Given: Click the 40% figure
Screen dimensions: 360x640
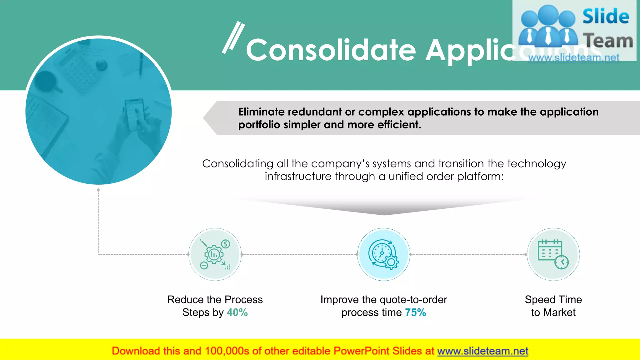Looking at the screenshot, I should click(237, 312).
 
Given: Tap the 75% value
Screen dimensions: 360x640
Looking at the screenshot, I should click(415, 312).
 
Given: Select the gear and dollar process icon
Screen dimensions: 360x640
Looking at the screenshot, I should click(215, 254).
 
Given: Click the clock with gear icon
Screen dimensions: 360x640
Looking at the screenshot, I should click(384, 254).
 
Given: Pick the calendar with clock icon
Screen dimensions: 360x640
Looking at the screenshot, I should click(553, 254).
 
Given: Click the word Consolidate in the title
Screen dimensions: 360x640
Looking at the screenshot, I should click(331, 50).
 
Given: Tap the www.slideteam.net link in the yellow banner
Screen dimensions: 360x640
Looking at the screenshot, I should click(482, 351).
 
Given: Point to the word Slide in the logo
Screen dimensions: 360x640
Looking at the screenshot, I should click(606, 17).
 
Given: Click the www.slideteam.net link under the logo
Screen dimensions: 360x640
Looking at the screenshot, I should click(574, 58).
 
